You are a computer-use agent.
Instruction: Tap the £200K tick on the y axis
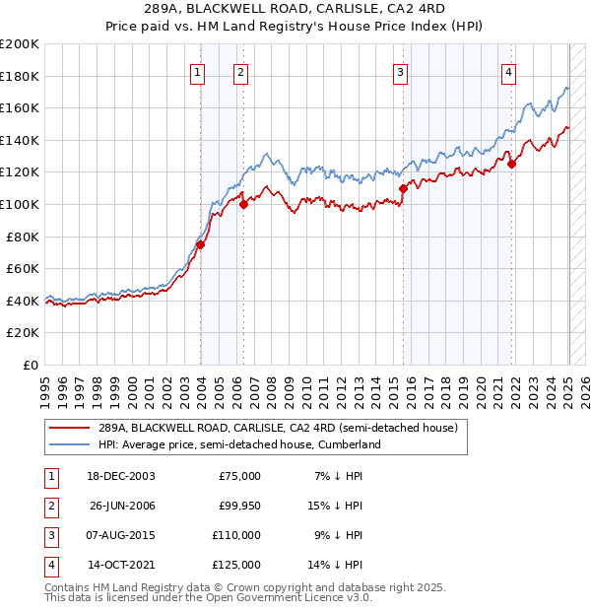tap(20, 44)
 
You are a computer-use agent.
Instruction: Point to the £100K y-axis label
tap(20, 204)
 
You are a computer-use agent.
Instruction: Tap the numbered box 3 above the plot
tap(401, 71)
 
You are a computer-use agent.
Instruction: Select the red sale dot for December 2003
tap(200, 244)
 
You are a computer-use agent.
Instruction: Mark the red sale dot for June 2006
tap(243, 205)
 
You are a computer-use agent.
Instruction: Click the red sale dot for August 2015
tap(403, 188)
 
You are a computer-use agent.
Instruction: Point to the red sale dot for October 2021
tap(511, 165)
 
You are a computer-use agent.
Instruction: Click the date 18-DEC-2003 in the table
tap(120, 476)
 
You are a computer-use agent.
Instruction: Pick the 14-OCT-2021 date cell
tap(121, 566)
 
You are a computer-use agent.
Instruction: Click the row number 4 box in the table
tap(50, 566)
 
